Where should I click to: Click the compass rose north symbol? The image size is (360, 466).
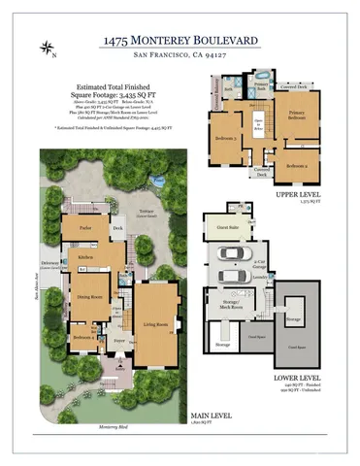pos(46,48)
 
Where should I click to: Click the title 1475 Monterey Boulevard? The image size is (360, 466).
pos(180,42)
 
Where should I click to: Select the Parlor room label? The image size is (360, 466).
pos(74,230)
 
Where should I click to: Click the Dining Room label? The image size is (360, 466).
pos(90,298)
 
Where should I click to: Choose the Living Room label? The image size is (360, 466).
pos(156,324)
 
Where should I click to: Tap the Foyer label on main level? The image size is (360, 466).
pos(120,342)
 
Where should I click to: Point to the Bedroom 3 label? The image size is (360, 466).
pos(225,138)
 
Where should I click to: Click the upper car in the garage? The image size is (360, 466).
pos(231,254)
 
